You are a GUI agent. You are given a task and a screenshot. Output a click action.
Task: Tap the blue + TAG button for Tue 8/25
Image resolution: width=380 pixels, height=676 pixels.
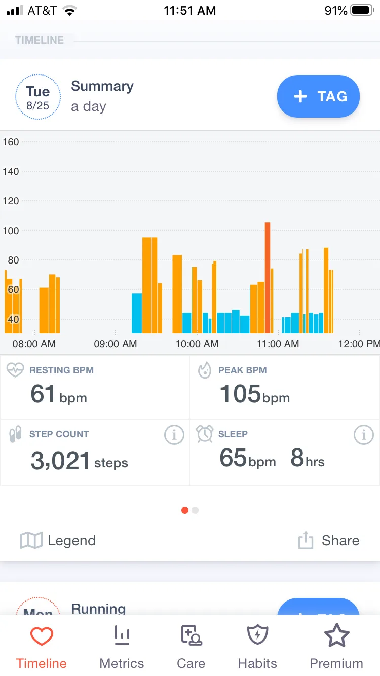[318, 96]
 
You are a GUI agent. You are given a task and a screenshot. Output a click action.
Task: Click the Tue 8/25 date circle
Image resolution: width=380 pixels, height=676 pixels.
[38, 97]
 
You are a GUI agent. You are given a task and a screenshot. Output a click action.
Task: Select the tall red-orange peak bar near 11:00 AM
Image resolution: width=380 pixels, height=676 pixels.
[268, 278]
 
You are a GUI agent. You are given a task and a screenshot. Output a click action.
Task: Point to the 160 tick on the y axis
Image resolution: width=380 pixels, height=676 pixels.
[11, 142]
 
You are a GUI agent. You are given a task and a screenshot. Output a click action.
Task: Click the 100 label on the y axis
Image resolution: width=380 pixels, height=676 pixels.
[11, 231]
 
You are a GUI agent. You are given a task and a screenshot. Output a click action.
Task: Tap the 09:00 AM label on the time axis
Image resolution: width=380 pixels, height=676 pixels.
[116, 344]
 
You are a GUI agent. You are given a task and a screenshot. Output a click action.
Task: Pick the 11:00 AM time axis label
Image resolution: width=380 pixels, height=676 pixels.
[278, 344]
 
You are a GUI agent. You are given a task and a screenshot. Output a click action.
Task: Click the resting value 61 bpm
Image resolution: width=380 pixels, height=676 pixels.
[59, 394]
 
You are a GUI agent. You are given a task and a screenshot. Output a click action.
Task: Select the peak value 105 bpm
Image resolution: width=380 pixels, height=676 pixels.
[255, 394]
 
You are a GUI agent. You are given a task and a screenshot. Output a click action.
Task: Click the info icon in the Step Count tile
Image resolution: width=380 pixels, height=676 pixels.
[174, 435]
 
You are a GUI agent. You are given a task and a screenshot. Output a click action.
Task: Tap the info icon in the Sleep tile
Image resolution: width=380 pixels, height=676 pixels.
[364, 435]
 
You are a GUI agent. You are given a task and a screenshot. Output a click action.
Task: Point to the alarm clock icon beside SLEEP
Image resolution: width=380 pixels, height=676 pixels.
[205, 434]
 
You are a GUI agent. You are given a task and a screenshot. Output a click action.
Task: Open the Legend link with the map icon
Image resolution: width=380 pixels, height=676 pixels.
[58, 540]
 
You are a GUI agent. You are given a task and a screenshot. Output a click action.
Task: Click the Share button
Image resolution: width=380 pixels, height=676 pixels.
[329, 540]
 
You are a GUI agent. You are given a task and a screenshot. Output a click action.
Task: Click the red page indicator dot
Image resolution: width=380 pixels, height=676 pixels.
[185, 510]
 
